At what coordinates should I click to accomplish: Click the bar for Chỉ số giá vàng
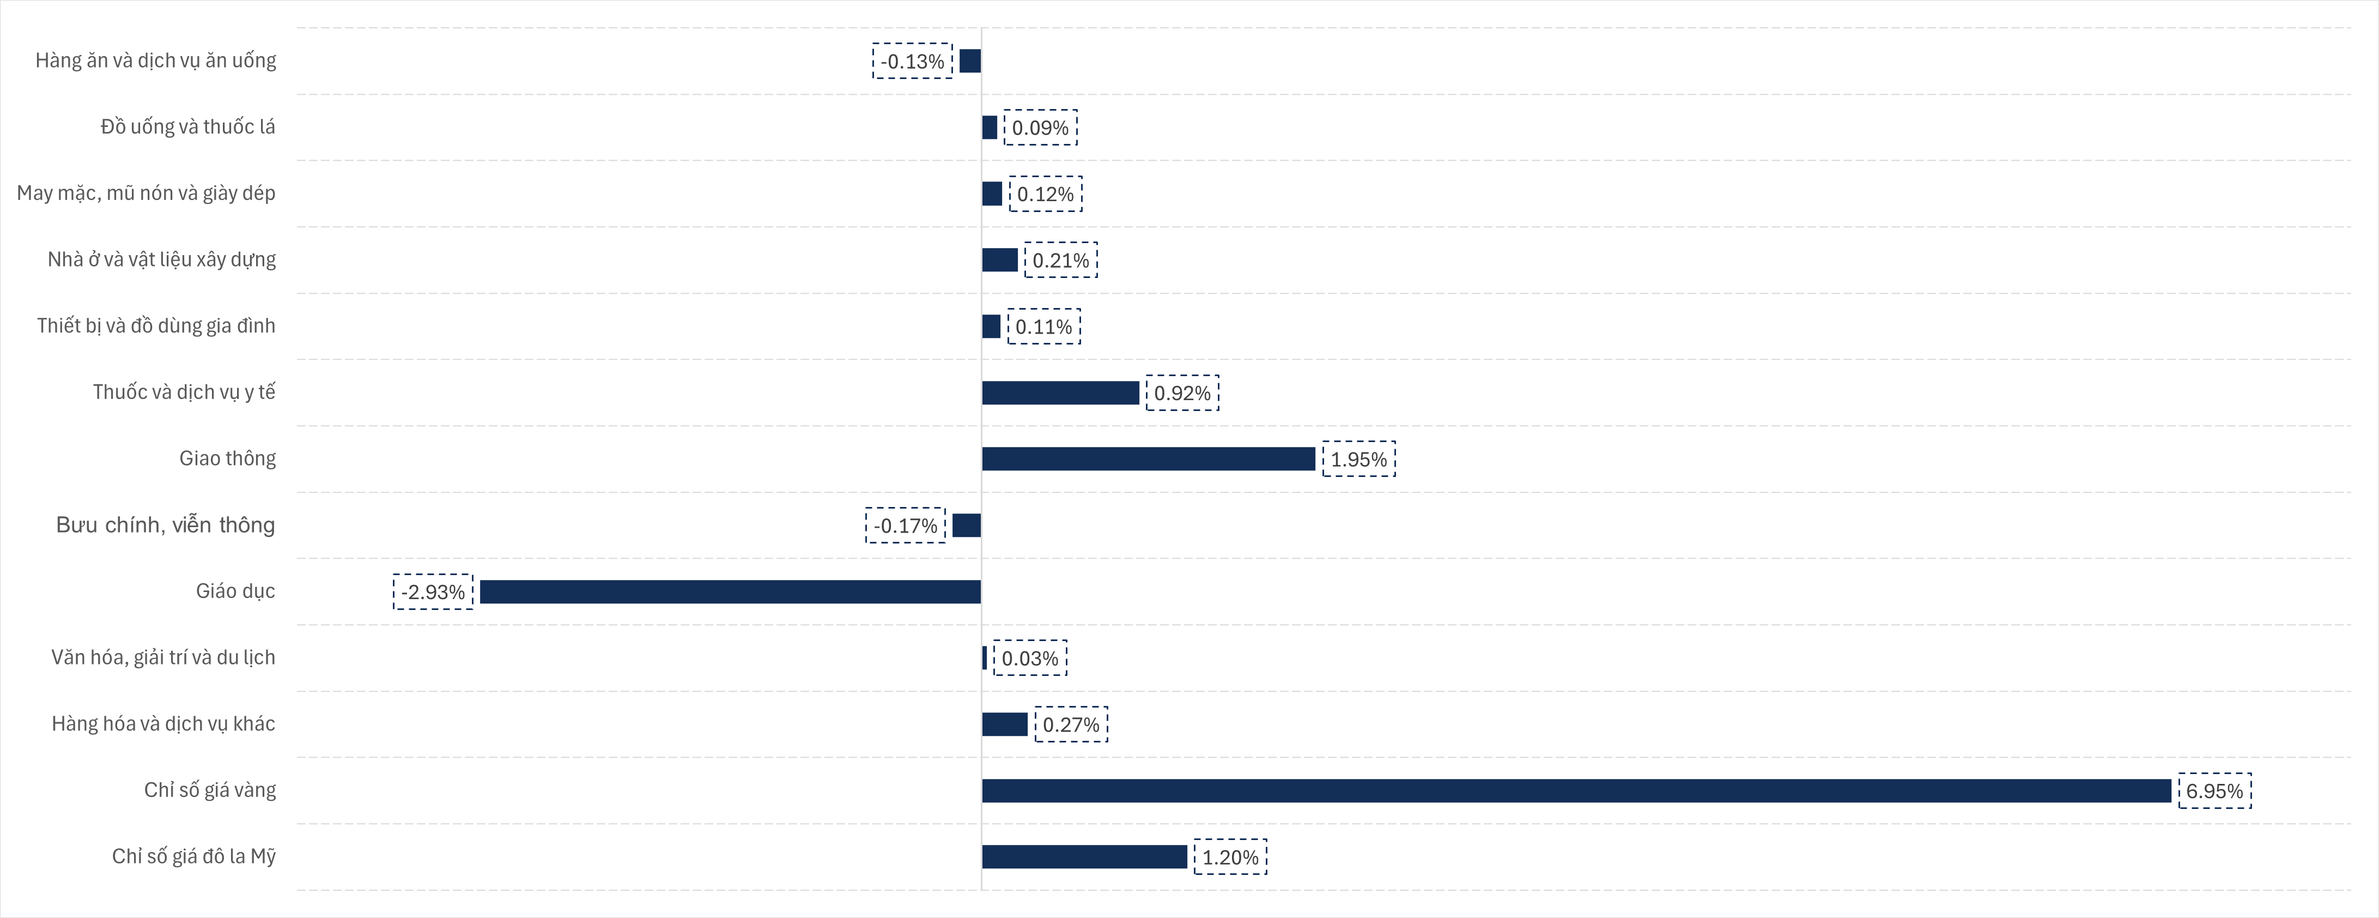point(1575,790)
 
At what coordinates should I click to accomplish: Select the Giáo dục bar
point(730,592)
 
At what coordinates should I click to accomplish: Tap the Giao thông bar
point(1148,459)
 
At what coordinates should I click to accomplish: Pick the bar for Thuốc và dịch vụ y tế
point(1060,392)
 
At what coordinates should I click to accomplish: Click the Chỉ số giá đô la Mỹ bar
point(1084,857)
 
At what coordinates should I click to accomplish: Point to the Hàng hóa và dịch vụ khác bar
point(1005,724)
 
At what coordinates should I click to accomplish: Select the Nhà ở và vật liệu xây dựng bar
point(999,261)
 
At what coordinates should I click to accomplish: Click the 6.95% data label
point(2214,790)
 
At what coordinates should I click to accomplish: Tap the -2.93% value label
point(433,592)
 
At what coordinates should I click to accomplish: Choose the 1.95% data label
point(1358,459)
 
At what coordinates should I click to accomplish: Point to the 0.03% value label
point(1030,659)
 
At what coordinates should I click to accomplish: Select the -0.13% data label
point(913,61)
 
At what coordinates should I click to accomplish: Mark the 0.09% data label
point(1040,128)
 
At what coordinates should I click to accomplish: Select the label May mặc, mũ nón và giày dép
point(146,193)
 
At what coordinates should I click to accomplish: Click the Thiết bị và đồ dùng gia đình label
point(156,326)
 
